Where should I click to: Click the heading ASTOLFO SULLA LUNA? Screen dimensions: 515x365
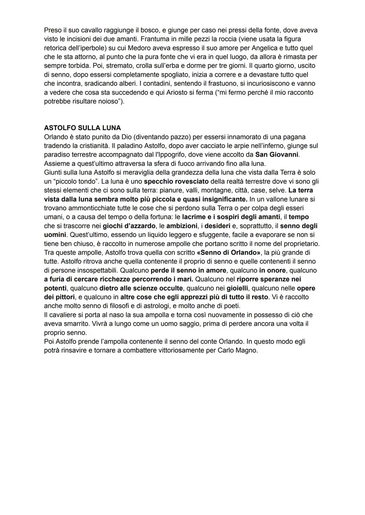(x=82, y=128)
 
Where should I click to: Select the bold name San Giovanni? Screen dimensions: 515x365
(x=277, y=155)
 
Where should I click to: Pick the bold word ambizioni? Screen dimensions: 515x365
(x=181, y=226)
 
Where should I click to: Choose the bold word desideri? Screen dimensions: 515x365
(x=217, y=226)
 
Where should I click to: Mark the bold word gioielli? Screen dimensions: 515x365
(x=237, y=288)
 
